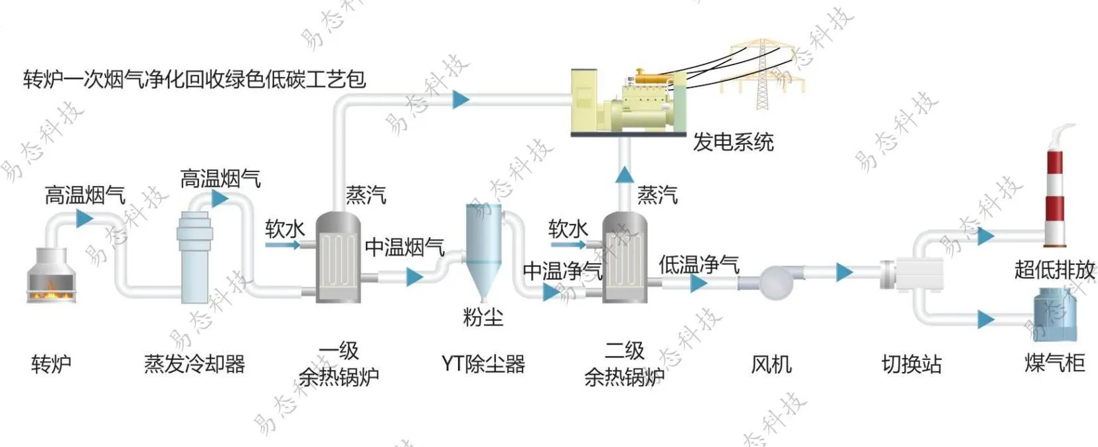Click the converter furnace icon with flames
(51, 276)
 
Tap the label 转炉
(51, 364)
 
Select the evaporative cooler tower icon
(195, 256)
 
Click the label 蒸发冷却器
(195, 364)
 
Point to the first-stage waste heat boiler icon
(338, 258)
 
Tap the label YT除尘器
(483, 364)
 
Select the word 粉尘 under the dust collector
(483, 317)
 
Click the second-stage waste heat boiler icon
(625, 258)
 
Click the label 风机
(771, 364)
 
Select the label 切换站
(911, 364)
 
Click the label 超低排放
(1054, 270)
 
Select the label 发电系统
(734, 142)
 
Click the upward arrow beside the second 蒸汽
(624, 175)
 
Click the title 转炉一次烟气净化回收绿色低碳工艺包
(195, 80)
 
